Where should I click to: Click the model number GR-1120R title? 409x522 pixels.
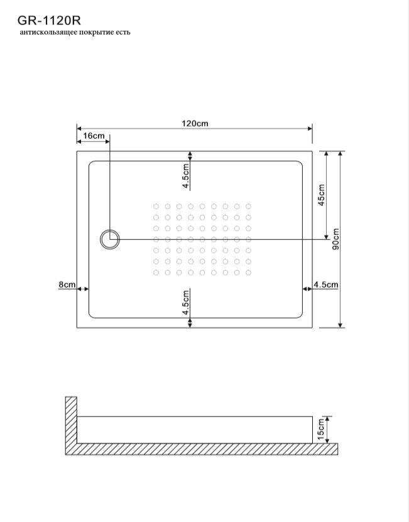(49, 21)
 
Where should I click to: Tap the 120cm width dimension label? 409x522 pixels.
(195, 124)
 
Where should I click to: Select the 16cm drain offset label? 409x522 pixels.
(94, 136)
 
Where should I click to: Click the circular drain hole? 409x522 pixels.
(109, 239)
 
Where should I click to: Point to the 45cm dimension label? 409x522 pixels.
(322, 195)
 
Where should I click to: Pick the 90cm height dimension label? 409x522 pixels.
(335, 239)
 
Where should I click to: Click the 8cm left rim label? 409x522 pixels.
(67, 285)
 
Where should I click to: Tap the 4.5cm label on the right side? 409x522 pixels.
(325, 285)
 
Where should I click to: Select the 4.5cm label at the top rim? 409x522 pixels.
(186, 176)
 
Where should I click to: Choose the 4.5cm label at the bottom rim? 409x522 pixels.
(186, 302)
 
